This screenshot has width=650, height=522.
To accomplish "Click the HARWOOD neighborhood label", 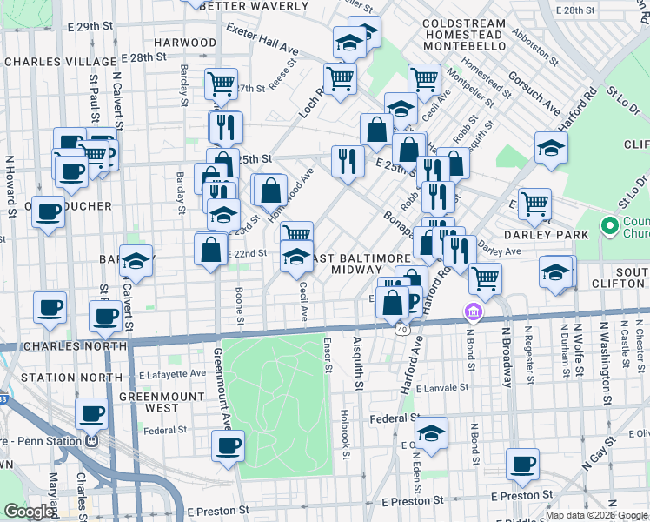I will (184, 42).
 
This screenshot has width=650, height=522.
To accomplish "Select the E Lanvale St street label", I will (441, 388).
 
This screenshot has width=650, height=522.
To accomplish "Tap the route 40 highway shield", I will (402, 329).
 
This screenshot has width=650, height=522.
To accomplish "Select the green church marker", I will (608, 228).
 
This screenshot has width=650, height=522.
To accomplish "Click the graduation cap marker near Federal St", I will (430, 432).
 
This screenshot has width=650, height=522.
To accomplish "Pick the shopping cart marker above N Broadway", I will (485, 278).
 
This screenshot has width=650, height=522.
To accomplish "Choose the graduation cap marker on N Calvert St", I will (136, 259).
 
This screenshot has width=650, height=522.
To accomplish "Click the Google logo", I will (30, 512).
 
